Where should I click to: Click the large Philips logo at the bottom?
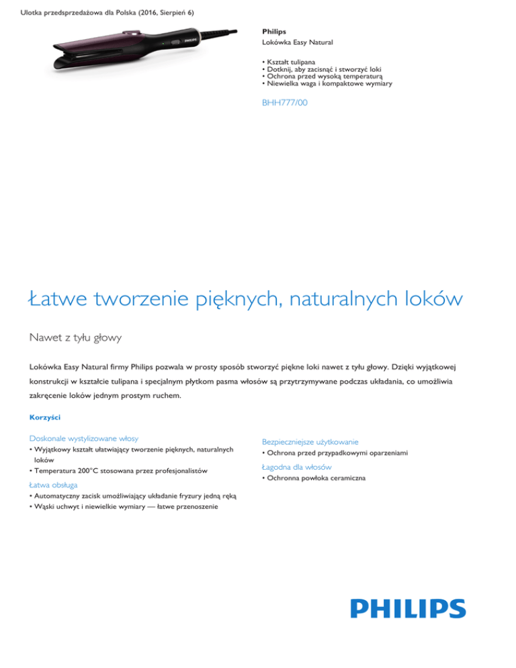[x=408, y=608]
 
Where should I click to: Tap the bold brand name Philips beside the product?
[x=273, y=32]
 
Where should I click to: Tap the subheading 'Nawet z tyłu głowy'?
[x=76, y=338]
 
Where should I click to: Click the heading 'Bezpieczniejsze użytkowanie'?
[x=310, y=442]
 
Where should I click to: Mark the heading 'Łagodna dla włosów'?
[x=296, y=466]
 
